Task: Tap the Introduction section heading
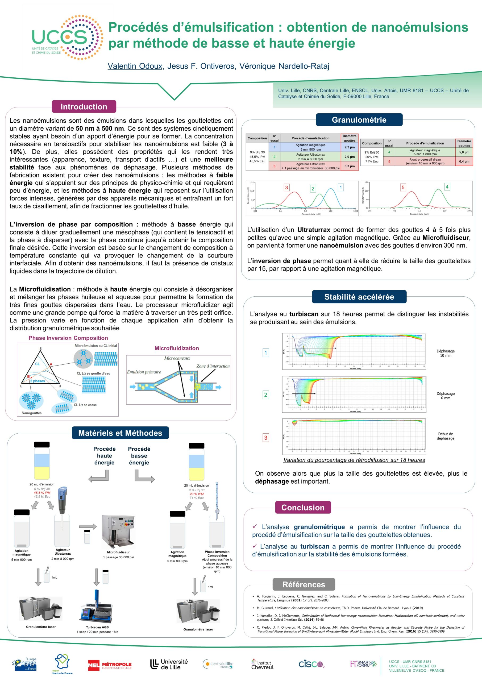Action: coord(84,107)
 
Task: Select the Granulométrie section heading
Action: coord(359,120)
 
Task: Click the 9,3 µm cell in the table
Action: coord(349,147)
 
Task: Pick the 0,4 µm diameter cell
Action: coord(464,161)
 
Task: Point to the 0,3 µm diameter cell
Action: coord(349,166)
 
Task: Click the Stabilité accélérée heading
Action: coord(359,297)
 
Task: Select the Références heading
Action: coord(304,584)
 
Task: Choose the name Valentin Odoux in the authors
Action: coord(135,66)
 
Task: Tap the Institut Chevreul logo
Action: coord(262,665)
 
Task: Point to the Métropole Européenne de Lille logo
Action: coord(110,665)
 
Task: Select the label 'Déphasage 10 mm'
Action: coord(445,353)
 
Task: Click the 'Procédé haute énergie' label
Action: coord(104,455)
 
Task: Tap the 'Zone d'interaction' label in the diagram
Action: coord(213,366)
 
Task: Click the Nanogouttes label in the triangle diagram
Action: coord(31,413)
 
